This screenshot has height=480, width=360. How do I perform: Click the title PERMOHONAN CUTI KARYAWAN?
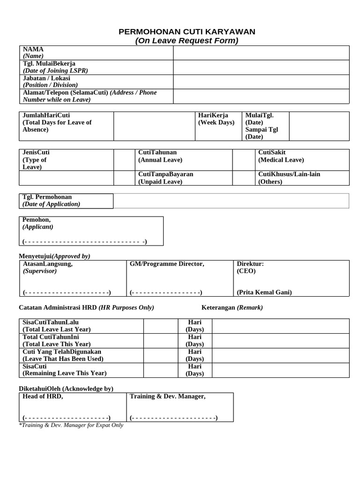click(187, 31)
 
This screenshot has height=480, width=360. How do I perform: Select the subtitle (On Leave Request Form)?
click(187, 41)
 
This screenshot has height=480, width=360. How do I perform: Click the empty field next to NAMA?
click(261, 53)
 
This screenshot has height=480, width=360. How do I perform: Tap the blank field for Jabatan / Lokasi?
click(261, 82)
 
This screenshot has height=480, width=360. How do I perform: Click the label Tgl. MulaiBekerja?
click(49, 63)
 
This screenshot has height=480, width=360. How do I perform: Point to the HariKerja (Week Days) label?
click(216, 119)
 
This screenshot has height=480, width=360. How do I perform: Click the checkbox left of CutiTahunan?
click(124, 160)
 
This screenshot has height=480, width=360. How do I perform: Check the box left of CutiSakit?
click(244, 160)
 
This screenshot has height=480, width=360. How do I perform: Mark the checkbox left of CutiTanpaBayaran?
click(124, 178)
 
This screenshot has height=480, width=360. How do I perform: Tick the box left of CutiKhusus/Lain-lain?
click(244, 178)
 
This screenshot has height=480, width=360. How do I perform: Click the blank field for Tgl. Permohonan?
click(231, 201)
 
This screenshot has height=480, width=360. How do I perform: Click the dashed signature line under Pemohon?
click(85, 242)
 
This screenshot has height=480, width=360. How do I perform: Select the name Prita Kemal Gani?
click(264, 292)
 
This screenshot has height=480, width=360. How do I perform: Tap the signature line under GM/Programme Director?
click(166, 292)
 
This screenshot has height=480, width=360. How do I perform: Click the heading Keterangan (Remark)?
click(232, 307)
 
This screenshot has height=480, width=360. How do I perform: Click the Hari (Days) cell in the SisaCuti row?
click(195, 370)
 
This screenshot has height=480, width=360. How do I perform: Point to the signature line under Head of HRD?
click(67, 418)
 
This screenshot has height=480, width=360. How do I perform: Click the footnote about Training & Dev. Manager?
click(71, 425)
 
